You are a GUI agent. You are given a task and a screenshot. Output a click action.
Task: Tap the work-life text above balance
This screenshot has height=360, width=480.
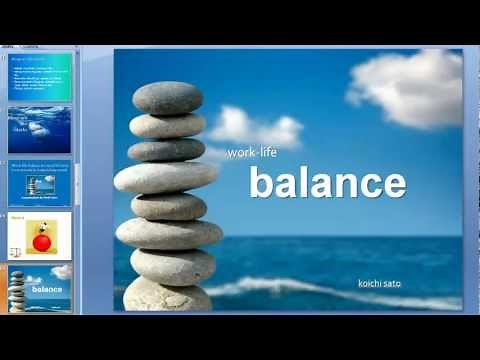pyautogui.click(x=251, y=153)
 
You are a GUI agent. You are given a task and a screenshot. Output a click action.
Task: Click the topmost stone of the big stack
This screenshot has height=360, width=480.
pyautogui.click(x=167, y=98)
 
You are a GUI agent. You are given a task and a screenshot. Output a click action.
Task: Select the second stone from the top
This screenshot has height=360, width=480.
pyautogui.click(x=167, y=126)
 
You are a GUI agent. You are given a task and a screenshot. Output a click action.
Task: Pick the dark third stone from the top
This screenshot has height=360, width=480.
pyautogui.click(x=166, y=150)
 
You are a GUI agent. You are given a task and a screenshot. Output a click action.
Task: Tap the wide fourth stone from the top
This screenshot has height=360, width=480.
pyautogui.click(x=165, y=178)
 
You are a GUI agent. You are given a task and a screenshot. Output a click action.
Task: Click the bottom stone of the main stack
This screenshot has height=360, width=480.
pyautogui.click(x=167, y=295)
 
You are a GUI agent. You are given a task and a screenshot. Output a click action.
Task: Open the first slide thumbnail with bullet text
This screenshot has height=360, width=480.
pyautogui.click(x=40, y=77)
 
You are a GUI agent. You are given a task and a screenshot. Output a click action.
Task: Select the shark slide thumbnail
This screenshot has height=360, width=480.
pyautogui.click(x=40, y=129)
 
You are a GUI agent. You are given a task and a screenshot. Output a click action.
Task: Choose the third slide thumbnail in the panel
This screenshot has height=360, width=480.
pyautogui.click(x=40, y=180)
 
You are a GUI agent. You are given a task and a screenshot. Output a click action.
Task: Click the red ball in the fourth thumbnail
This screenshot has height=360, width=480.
pyautogui.click(x=41, y=242)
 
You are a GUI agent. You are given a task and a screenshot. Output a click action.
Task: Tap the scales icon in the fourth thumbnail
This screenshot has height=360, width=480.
pyautogui.click(x=17, y=249)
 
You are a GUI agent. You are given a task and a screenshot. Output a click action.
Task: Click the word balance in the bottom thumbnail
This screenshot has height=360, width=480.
pyautogui.click(x=46, y=289)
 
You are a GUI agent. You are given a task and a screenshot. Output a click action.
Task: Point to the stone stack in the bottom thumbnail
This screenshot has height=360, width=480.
pyautogui.click(x=17, y=289)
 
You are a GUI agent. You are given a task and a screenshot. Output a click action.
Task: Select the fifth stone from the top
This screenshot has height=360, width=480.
pyautogui.click(x=168, y=206)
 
